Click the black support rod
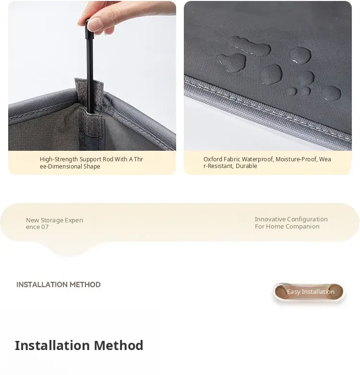click(x=90, y=67)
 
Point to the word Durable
click(x=246, y=166)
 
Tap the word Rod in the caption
click(x=108, y=159)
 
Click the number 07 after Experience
click(x=45, y=227)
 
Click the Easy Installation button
click(x=309, y=292)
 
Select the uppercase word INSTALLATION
click(x=42, y=285)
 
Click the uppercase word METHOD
click(x=85, y=285)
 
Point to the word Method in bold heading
click(x=119, y=345)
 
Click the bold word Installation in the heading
click(x=53, y=345)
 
